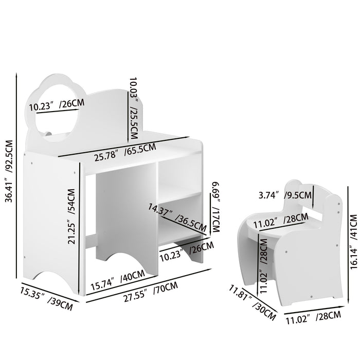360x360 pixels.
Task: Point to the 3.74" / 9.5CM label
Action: (x=284, y=194)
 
